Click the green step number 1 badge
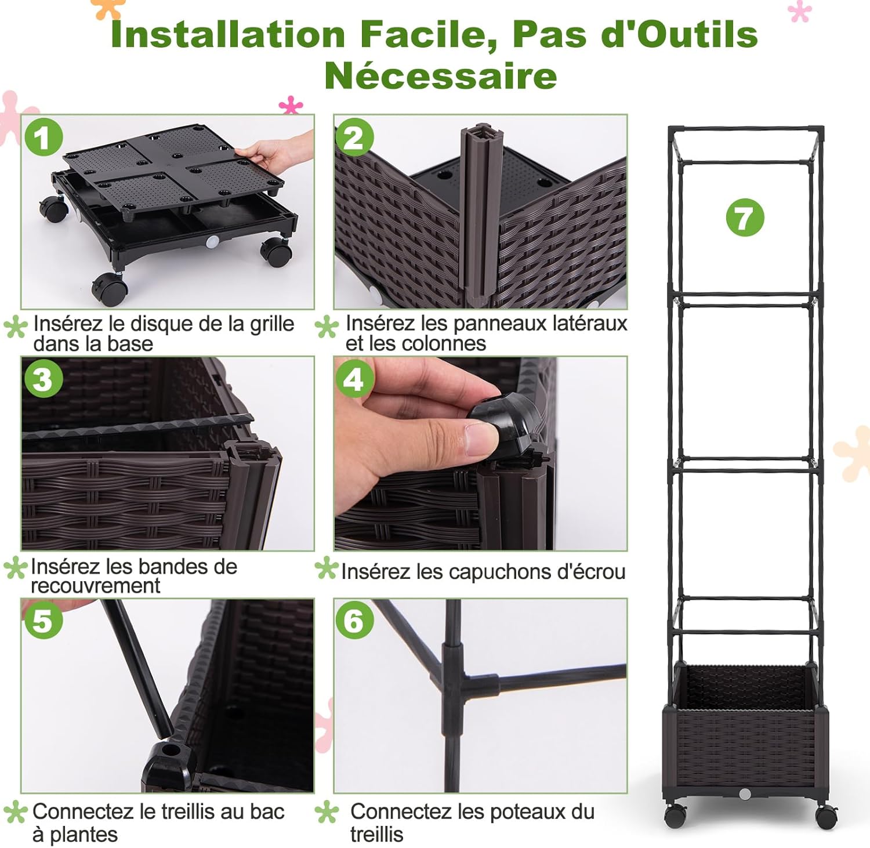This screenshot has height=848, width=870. point(43,138)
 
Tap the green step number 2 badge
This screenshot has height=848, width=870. point(354,138)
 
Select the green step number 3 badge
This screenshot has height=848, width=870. point(43,380)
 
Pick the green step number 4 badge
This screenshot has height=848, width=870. point(354,380)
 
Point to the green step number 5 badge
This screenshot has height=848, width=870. point(43,621)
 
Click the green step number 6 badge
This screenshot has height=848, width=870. point(354,621)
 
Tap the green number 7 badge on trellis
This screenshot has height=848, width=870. point(745,218)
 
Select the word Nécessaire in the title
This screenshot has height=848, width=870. point(440,76)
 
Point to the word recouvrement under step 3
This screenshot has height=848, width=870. point(95,586)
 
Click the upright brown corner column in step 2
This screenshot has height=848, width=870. point(479,215)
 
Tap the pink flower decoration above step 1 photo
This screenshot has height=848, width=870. point(291,106)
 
